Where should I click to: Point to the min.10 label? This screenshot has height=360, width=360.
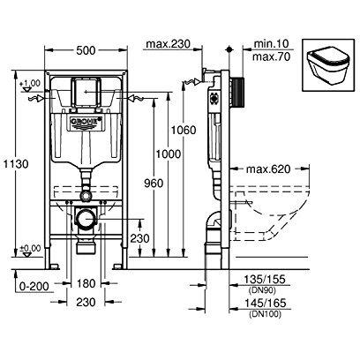pyautogui.click(x=261, y=42)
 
